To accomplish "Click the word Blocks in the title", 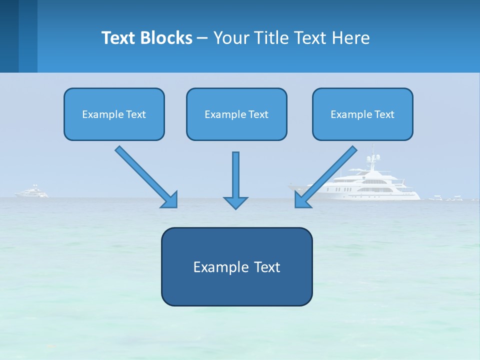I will pos(168,38).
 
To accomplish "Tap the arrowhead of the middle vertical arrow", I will pos(235,202).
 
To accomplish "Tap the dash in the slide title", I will pos(202,38).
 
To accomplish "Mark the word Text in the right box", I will pos(384,114).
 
